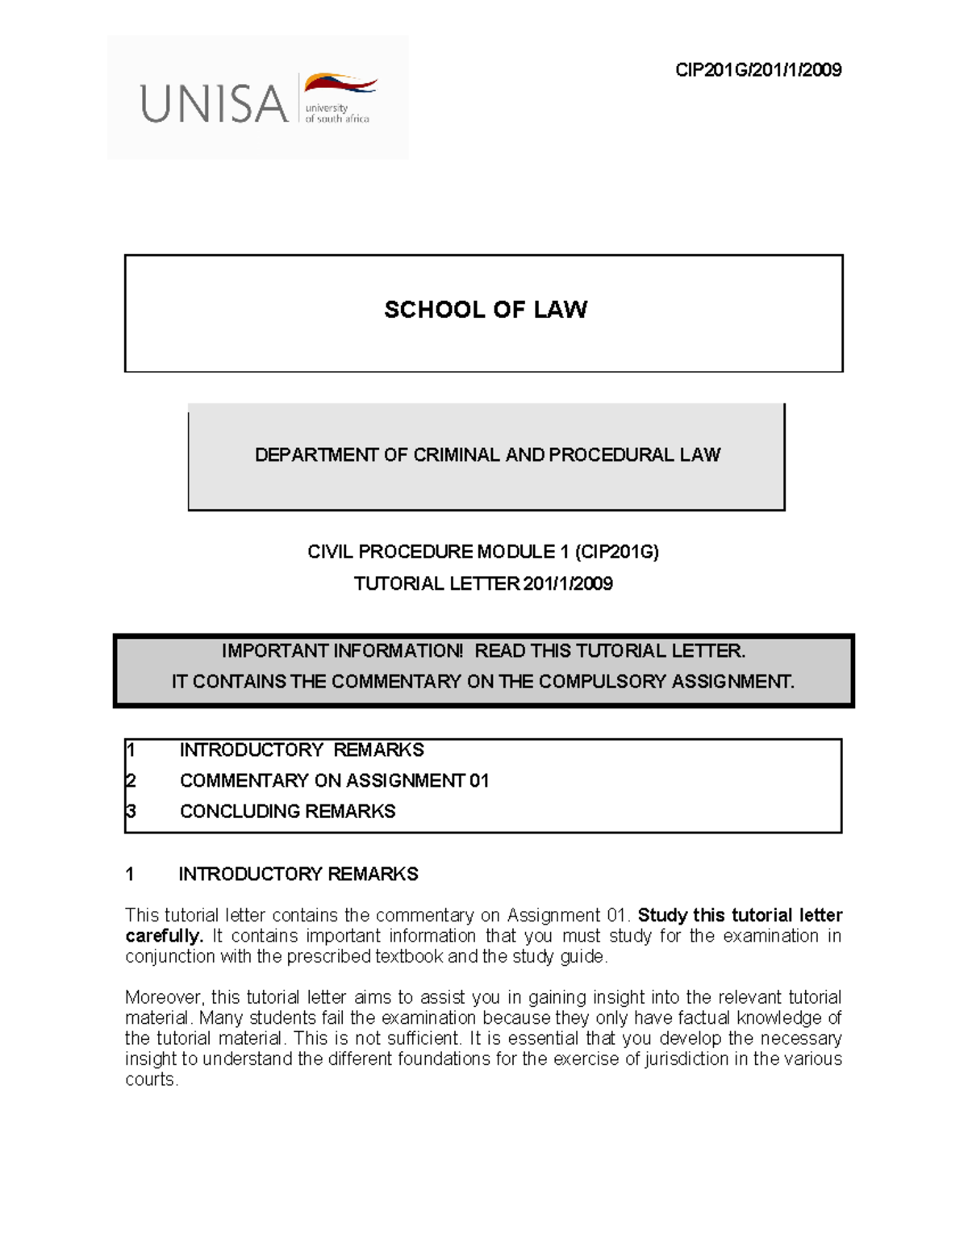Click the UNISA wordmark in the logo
pyautogui.click(x=214, y=104)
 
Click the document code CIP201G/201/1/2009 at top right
pyautogui.click(x=758, y=70)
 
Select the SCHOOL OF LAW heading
pyautogui.click(x=485, y=310)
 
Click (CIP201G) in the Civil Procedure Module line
pyautogui.click(x=617, y=552)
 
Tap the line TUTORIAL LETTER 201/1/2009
pyautogui.click(x=483, y=584)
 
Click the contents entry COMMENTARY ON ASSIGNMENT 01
pyautogui.click(x=334, y=781)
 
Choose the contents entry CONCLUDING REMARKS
pyautogui.click(x=287, y=812)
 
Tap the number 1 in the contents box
pyautogui.click(x=131, y=750)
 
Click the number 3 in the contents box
pyautogui.click(x=131, y=812)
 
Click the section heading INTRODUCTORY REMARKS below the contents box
pyautogui.click(x=298, y=875)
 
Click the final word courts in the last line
pyautogui.click(x=151, y=1080)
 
